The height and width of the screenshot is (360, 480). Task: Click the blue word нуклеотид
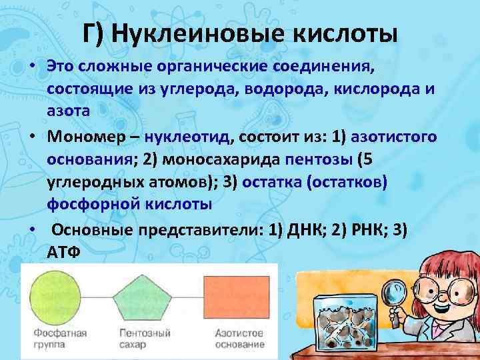(189, 137)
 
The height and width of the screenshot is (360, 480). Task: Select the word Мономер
(81, 137)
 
